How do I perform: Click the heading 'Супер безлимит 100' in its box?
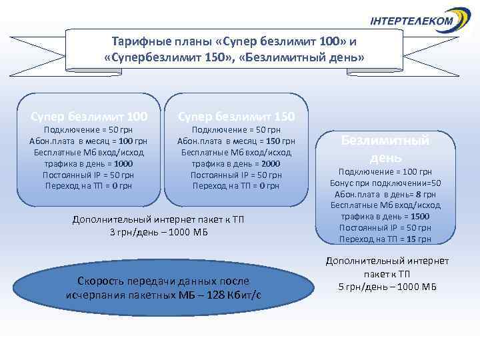88,117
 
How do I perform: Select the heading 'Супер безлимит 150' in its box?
236,117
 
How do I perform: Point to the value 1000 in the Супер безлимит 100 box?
123,163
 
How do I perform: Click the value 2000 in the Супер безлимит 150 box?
271,163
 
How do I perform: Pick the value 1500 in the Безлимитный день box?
420,217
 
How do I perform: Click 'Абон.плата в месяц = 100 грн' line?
88,141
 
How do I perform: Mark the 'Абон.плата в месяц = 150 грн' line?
236,141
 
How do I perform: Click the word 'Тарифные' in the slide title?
137,42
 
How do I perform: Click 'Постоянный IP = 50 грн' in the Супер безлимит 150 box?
236,175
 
